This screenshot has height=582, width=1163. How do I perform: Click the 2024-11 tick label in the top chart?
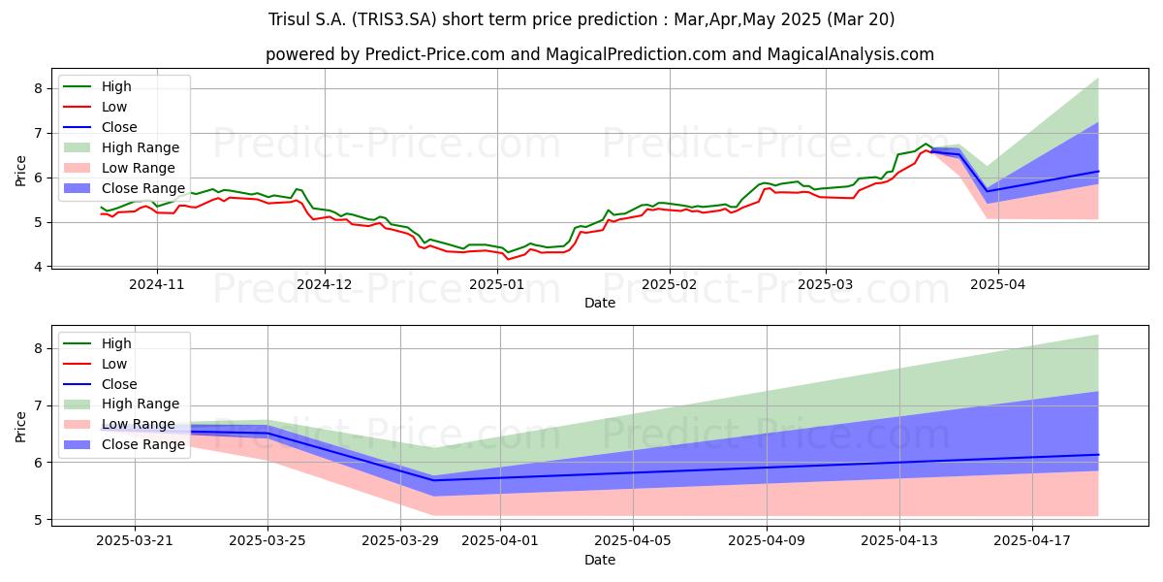pyautogui.click(x=156, y=285)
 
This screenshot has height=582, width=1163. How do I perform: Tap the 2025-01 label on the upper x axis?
pyautogui.click(x=497, y=285)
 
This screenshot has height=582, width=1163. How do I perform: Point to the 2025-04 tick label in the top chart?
pyautogui.click(x=998, y=285)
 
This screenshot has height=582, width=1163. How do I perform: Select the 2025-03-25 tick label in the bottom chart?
pyautogui.click(x=267, y=541)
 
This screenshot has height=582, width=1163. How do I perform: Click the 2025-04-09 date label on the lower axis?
pyautogui.click(x=767, y=541)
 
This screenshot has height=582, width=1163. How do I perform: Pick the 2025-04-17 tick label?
pyautogui.click(x=1032, y=541)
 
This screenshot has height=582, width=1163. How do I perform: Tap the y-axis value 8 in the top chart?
pyautogui.click(x=38, y=88)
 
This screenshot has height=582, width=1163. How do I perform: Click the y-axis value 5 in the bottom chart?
pyautogui.click(x=38, y=520)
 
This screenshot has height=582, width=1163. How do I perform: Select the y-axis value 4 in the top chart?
pyautogui.click(x=38, y=267)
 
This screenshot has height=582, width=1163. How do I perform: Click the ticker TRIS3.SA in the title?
pyautogui.click(x=394, y=19)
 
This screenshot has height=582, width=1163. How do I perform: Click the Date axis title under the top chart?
pyautogui.click(x=600, y=303)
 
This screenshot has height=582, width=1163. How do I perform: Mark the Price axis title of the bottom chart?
pyautogui.click(x=20, y=427)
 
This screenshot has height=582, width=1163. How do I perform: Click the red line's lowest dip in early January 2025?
pyautogui.click(x=507, y=259)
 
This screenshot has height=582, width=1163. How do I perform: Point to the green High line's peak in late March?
pyautogui.click(x=926, y=144)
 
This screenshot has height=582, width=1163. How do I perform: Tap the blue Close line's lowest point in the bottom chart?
pyautogui.click(x=434, y=480)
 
